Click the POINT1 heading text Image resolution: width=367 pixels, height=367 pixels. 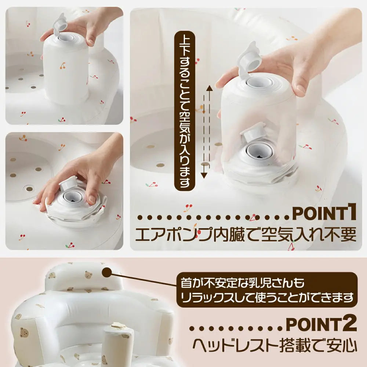[324, 214]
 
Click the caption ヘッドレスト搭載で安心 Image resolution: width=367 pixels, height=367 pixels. [275, 345]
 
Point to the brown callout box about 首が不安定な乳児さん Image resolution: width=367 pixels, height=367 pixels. [266, 289]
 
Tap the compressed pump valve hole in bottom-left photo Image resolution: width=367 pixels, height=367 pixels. [72, 196]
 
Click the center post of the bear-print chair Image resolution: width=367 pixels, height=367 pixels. [117, 343]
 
